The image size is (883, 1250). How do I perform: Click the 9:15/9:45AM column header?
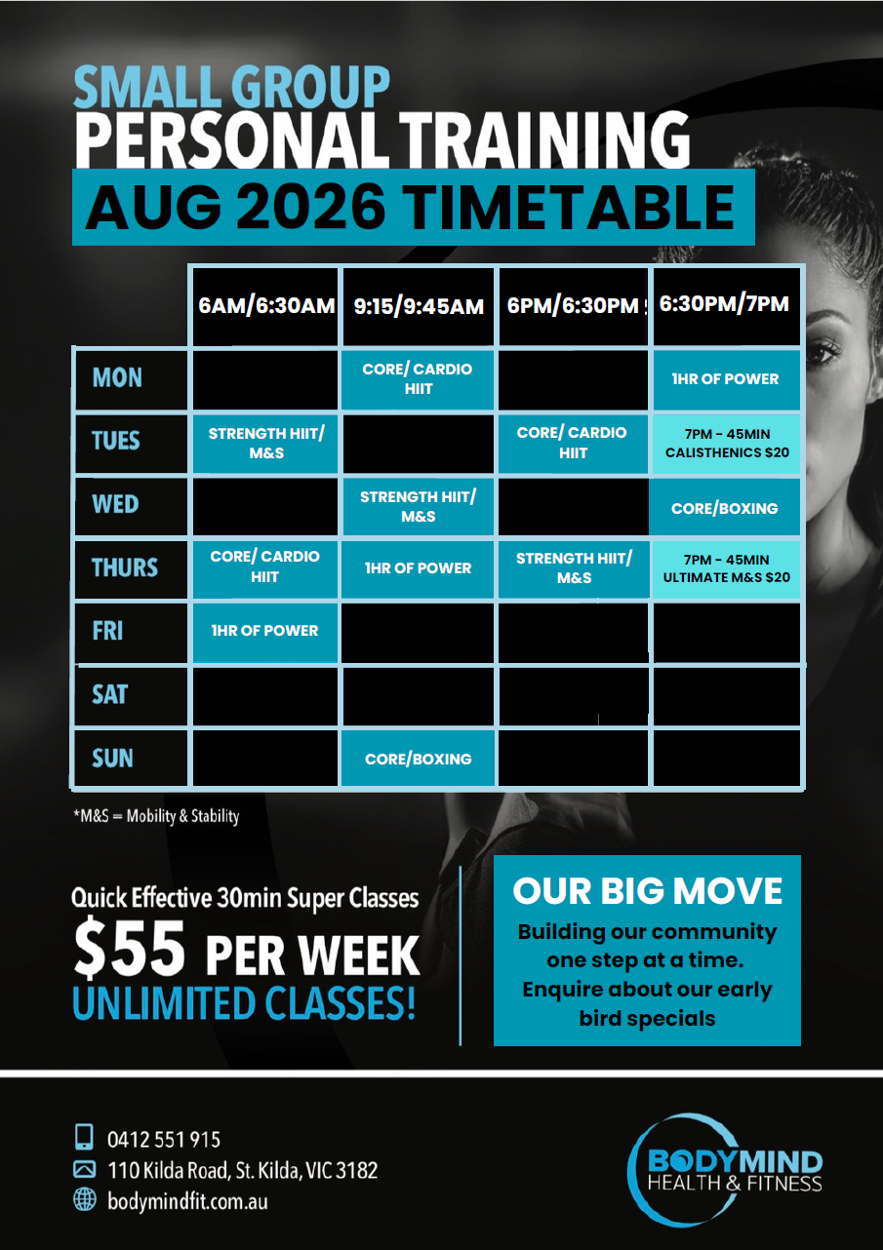(x=419, y=306)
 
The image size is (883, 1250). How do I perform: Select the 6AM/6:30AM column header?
(x=265, y=306)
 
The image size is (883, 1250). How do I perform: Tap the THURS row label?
(x=125, y=567)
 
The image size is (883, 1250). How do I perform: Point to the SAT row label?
(x=110, y=695)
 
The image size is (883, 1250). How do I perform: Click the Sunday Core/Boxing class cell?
(x=419, y=759)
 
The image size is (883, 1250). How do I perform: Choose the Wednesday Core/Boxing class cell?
(x=724, y=508)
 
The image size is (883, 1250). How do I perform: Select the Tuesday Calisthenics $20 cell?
(x=727, y=444)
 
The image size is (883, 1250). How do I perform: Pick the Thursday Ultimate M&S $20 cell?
(x=727, y=568)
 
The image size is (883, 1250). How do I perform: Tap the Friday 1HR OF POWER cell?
(x=265, y=631)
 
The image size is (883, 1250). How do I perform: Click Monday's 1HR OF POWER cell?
(x=726, y=379)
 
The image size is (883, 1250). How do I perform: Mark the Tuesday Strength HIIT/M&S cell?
(x=265, y=443)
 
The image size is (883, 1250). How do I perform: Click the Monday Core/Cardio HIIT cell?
(x=418, y=379)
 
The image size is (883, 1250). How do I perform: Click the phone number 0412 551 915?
(x=164, y=1140)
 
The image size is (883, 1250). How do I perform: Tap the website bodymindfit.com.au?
(x=187, y=1201)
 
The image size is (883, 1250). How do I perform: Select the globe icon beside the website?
(x=85, y=1199)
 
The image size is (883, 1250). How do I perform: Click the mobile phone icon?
(x=84, y=1137)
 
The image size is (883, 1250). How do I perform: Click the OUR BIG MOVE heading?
(x=647, y=890)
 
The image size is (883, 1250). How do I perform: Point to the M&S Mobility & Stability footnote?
(x=156, y=816)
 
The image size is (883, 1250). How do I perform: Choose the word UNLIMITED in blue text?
(x=164, y=1003)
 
